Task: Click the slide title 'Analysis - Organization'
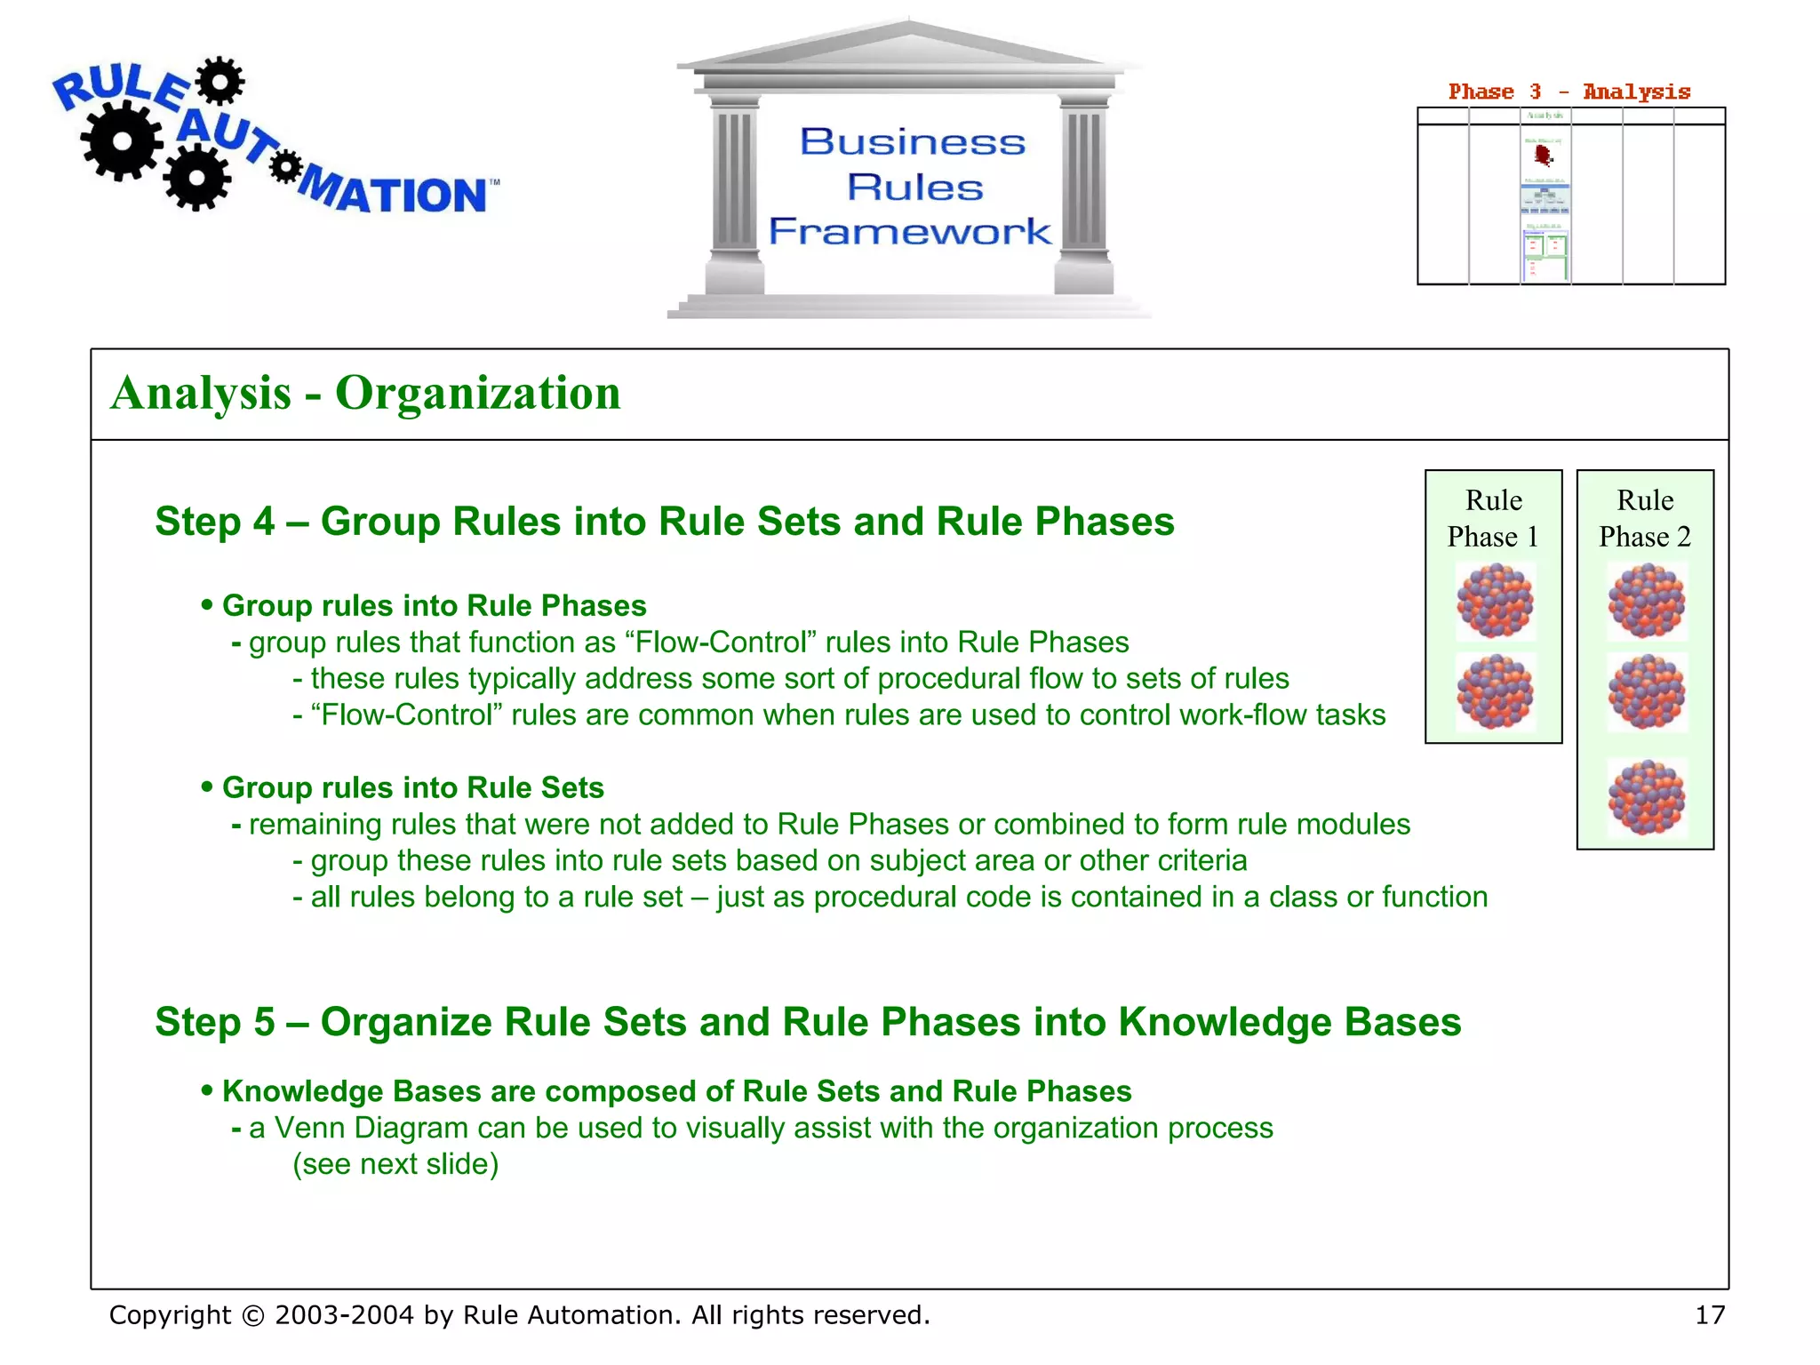pyautogui.click(x=365, y=393)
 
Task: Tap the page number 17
pyautogui.click(x=1709, y=1314)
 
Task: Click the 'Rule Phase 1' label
pyautogui.click(x=1493, y=518)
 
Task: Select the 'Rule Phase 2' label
pyautogui.click(x=1645, y=518)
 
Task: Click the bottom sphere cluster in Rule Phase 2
pyautogui.click(x=1646, y=797)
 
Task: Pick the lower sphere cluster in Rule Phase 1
pyautogui.click(x=1495, y=691)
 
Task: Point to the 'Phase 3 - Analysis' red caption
pyautogui.click(x=1569, y=92)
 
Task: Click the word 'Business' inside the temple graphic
pyautogui.click(x=913, y=142)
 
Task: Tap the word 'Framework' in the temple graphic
pyautogui.click(x=910, y=231)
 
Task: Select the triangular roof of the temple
pyautogui.click(x=908, y=44)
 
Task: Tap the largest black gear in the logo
pyautogui.click(x=122, y=140)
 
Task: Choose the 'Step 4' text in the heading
pyautogui.click(x=215, y=522)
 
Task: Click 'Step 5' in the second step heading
pyautogui.click(x=215, y=1022)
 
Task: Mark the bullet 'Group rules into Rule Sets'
pyautogui.click(x=412, y=787)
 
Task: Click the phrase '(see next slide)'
pyautogui.click(x=395, y=1164)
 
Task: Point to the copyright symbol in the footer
pyautogui.click(x=253, y=1315)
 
